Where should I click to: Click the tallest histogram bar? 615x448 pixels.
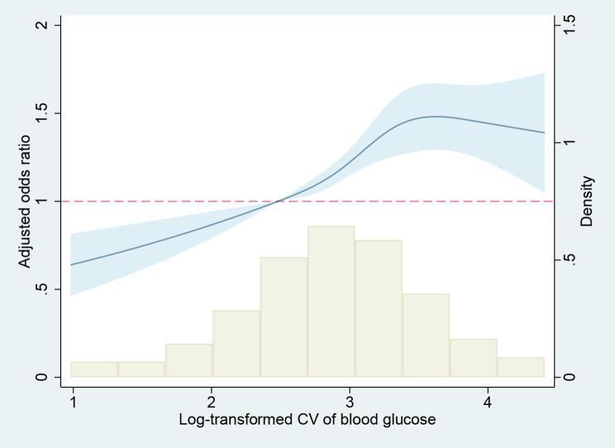331,302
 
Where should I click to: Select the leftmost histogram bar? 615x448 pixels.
93,369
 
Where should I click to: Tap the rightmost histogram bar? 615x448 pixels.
521,367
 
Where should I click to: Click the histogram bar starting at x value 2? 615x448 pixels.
236,344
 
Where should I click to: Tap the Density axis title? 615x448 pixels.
588,201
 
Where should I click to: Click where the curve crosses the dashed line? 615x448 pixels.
279,201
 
